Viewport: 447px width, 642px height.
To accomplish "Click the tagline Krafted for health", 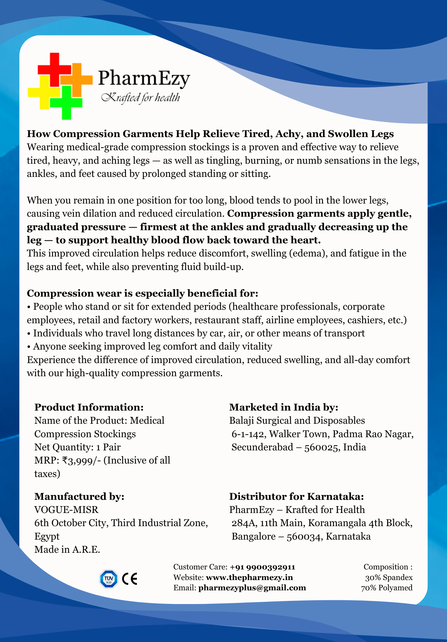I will click(x=140, y=97).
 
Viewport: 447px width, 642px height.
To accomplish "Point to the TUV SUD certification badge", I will click(x=109, y=579).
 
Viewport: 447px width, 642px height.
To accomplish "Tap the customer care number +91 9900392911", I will click(x=263, y=567).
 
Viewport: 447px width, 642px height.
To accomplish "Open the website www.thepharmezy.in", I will click(x=249, y=577).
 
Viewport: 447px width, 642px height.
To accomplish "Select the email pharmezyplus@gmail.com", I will click(x=252, y=588).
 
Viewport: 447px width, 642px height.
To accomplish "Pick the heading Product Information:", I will click(x=89, y=407).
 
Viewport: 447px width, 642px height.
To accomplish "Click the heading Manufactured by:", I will click(x=79, y=496).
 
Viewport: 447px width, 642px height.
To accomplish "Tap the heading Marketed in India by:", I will click(x=284, y=407).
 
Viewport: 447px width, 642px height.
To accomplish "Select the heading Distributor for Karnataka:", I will click(x=297, y=496).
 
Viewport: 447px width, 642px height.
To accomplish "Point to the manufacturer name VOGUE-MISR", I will click(x=67, y=509).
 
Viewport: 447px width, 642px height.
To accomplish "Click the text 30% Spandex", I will click(x=389, y=577).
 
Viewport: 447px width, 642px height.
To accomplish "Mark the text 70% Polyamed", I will click(x=387, y=588).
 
